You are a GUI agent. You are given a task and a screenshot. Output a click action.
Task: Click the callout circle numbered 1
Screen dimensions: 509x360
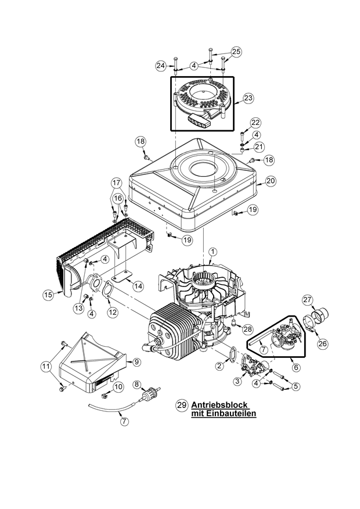pyautogui.click(x=213, y=252)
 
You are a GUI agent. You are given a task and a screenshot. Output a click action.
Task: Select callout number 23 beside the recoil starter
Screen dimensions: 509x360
pyautogui.click(x=248, y=99)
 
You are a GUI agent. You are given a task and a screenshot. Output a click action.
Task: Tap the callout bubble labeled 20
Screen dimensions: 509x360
pyautogui.click(x=271, y=181)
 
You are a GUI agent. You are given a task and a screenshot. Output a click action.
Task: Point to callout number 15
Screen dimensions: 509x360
pyautogui.click(x=49, y=295)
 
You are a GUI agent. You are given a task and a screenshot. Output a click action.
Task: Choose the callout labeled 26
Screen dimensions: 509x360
pyautogui.click(x=322, y=343)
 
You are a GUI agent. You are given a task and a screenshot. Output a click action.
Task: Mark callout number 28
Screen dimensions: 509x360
pyautogui.click(x=248, y=329)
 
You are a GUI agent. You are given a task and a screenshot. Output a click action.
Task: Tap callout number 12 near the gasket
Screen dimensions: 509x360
pyautogui.click(x=113, y=312)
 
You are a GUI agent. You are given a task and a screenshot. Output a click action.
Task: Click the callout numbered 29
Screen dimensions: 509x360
pyautogui.click(x=181, y=407)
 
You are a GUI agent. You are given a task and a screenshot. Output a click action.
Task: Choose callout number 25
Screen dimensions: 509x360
pyautogui.click(x=236, y=52)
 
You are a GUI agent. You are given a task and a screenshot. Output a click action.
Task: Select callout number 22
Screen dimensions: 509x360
pyautogui.click(x=256, y=123)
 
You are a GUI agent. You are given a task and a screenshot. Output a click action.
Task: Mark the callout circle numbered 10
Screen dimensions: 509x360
pyautogui.click(x=118, y=386)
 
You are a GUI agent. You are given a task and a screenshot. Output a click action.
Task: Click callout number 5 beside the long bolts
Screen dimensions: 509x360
pyautogui.click(x=296, y=385)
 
